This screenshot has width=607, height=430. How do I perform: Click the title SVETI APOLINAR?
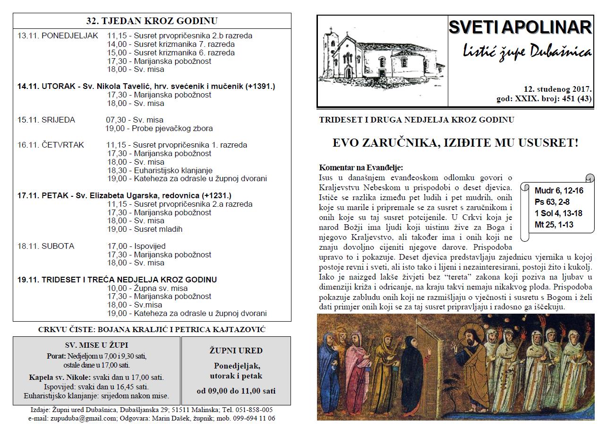(520, 28)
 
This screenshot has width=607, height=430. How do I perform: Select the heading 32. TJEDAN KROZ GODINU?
(152, 21)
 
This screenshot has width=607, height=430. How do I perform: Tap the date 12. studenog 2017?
(557, 89)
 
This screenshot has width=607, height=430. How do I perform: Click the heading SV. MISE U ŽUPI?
(96, 345)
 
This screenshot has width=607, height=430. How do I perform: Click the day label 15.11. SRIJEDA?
(46, 120)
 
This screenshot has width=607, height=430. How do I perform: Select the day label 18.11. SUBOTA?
(46, 246)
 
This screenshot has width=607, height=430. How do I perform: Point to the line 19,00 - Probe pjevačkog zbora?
(159, 128)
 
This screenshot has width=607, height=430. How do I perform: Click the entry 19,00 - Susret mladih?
(145, 229)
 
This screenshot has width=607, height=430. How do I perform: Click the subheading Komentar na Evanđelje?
(361, 167)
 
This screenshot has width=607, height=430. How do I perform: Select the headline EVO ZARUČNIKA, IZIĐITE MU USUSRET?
(455, 143)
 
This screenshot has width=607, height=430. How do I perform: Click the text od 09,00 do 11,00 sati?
(236, 391)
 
